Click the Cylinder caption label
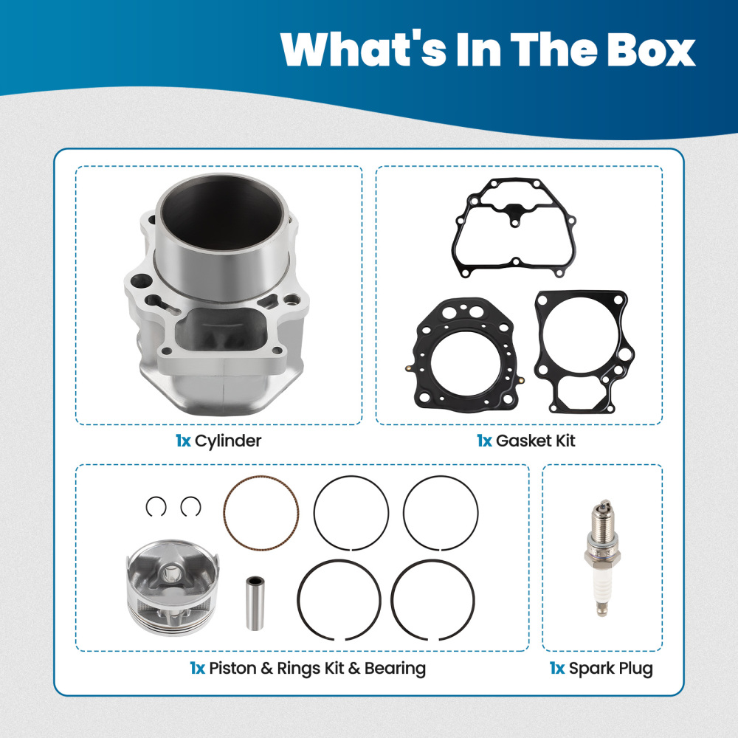point(228,441)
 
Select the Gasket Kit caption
point(535,441)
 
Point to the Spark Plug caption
point(610,669)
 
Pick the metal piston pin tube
point(256,601)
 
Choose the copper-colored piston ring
point(261,512)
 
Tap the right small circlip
point(190,506)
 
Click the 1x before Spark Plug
point(557,669)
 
